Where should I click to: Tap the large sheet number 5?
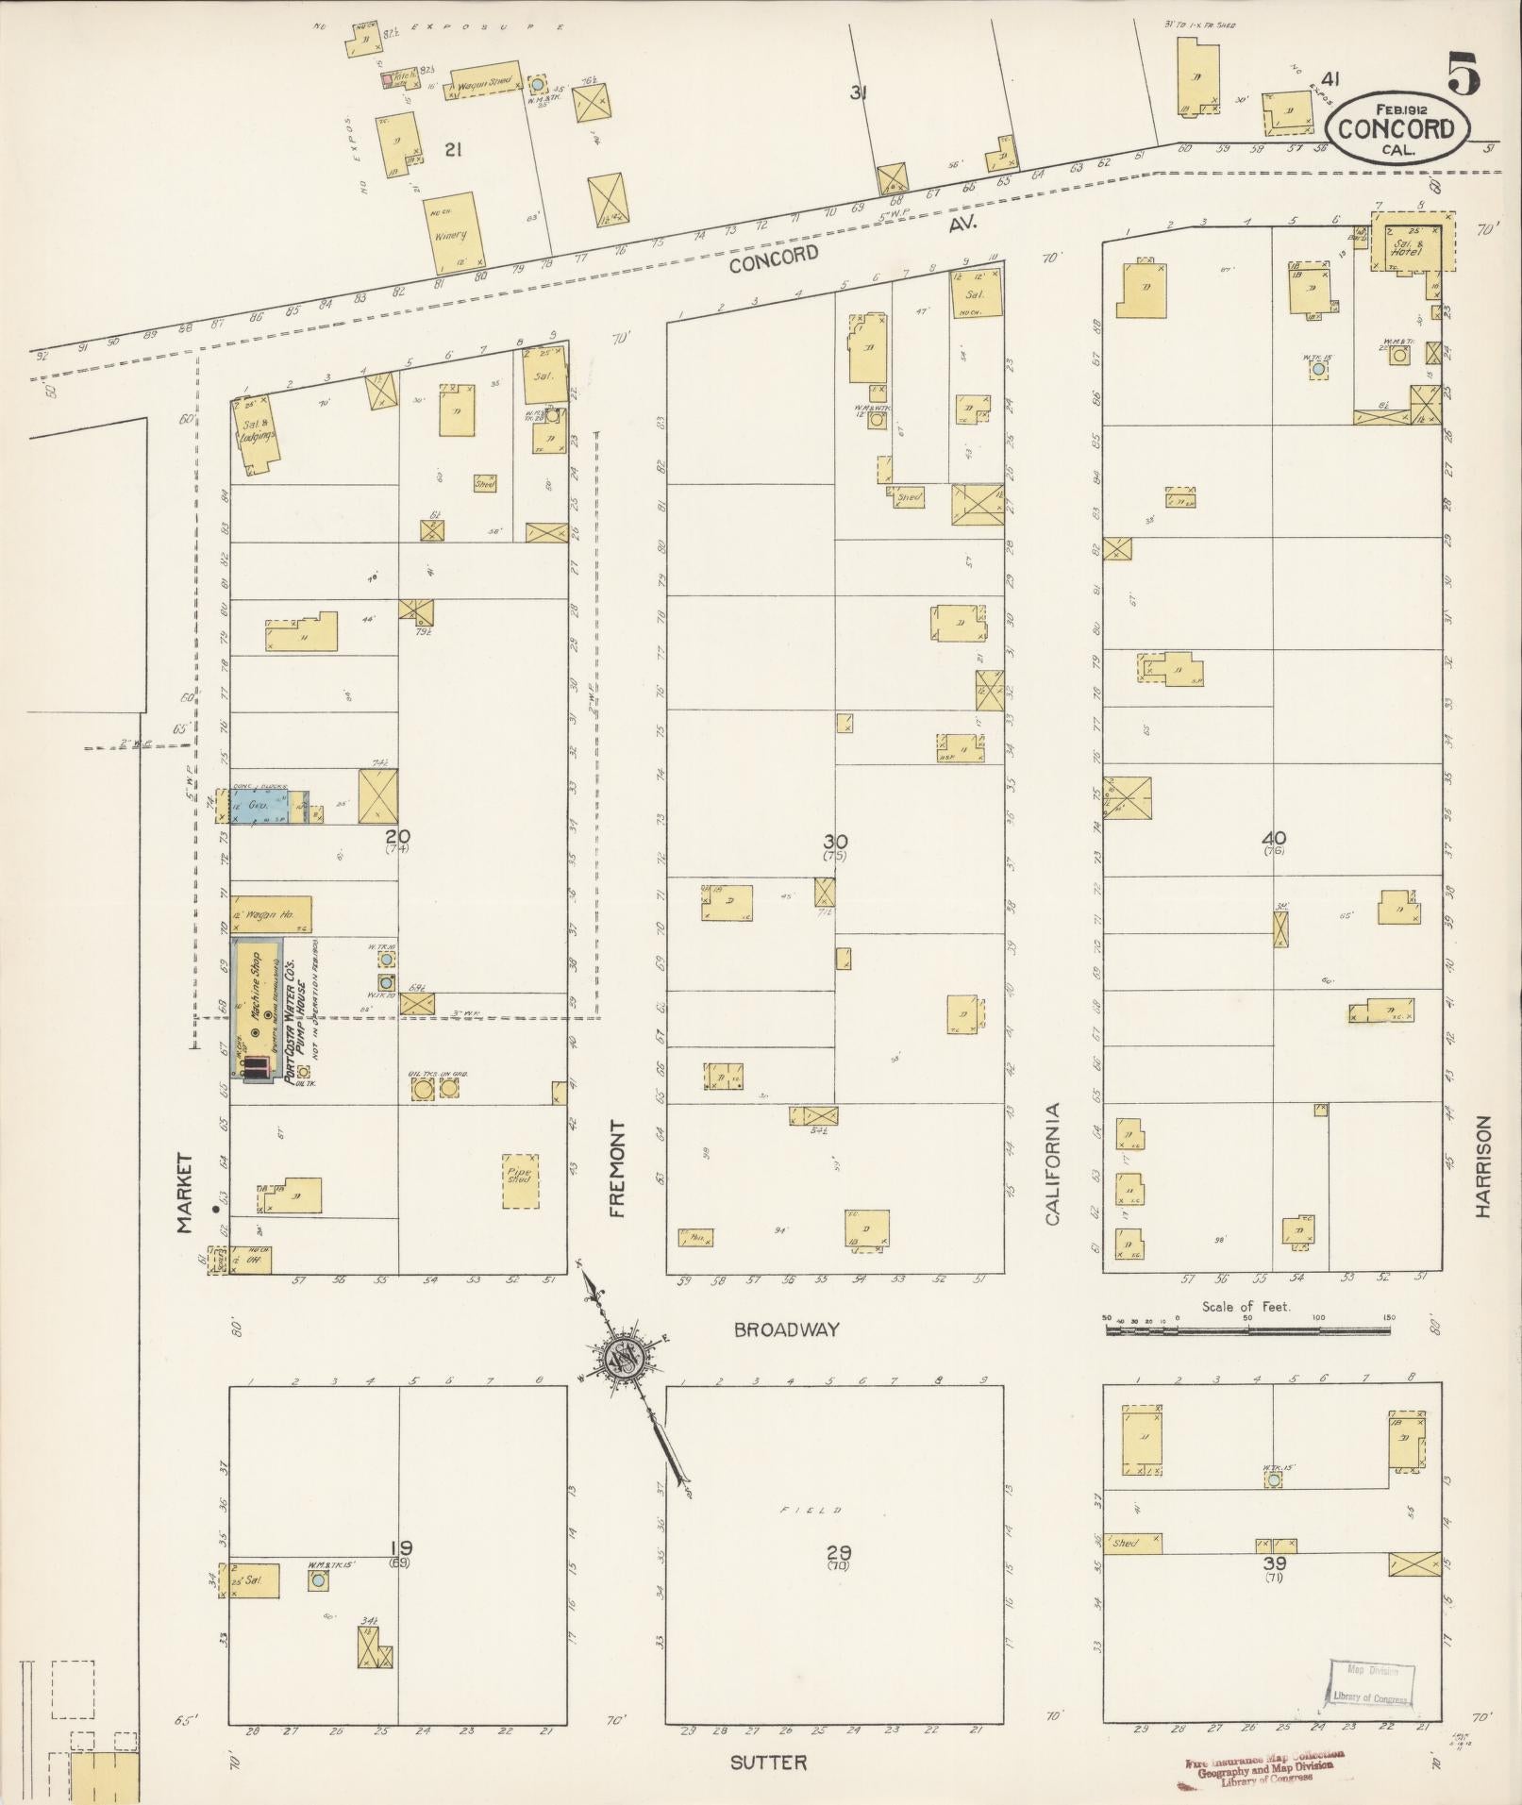(x=1463, y=73)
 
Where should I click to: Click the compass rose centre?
(x=626, y=1359)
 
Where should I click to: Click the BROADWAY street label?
(x=787, y=1329)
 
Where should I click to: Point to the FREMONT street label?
(x=618, y=1169)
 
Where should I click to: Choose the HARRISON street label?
(x=1483, y=1166)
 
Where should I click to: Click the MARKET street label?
(x=184, y=1193)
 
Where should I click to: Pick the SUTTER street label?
(x=769, y=1763)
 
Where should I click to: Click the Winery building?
(x=454, y=231)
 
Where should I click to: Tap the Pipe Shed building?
(x=520, y=1180)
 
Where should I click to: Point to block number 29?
(x=838, y=1551)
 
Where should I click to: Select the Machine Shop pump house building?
(x=257, y=1008)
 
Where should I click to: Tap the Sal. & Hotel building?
(x=1410, y=247)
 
